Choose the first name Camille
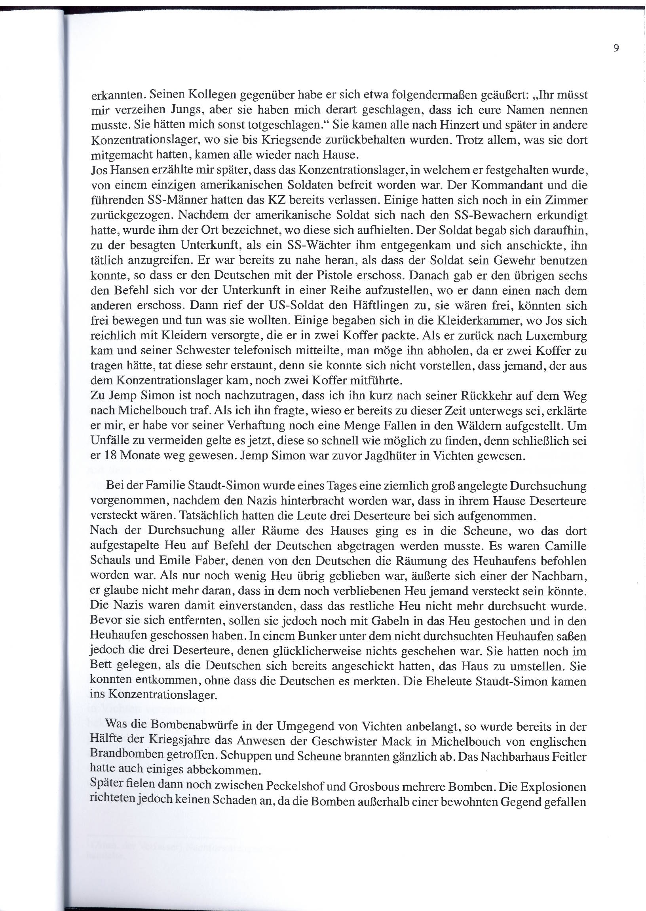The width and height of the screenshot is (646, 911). [x=565, y=546]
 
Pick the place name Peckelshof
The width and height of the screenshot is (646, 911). [x=300, y=786]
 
